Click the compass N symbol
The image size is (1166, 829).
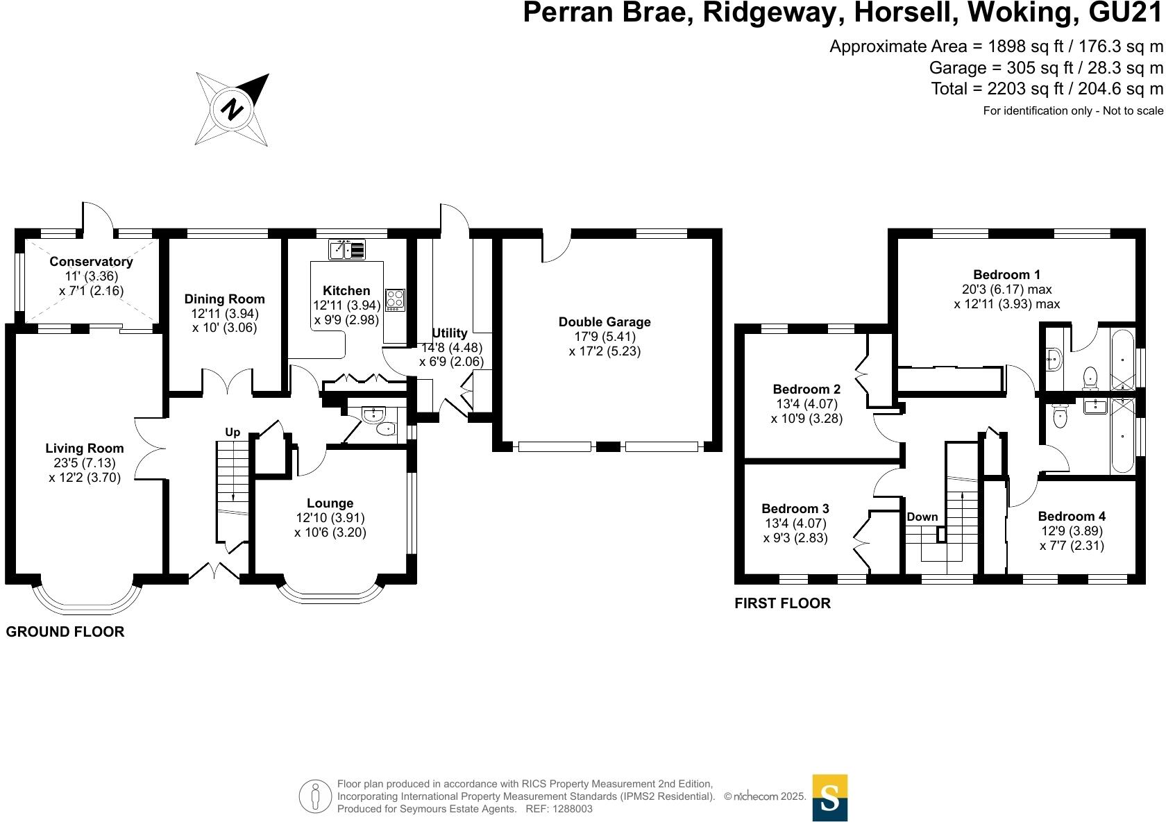233,110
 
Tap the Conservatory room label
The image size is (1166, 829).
91,262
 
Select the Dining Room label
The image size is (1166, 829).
224,299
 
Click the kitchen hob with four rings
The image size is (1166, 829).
395,299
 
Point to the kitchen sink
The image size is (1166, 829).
346,249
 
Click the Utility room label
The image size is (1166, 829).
450,333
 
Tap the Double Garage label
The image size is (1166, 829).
605,322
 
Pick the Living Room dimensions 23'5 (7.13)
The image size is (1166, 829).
85,463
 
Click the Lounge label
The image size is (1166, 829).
330,503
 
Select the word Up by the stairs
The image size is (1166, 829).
233,432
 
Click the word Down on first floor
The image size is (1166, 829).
922,517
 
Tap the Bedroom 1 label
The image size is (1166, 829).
1006,274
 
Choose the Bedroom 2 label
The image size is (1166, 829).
806,390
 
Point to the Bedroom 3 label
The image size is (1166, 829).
795,509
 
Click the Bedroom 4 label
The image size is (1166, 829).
1072,516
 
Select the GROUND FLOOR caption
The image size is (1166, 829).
65,632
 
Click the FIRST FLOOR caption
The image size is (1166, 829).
782,603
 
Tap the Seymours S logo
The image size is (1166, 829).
829,798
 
